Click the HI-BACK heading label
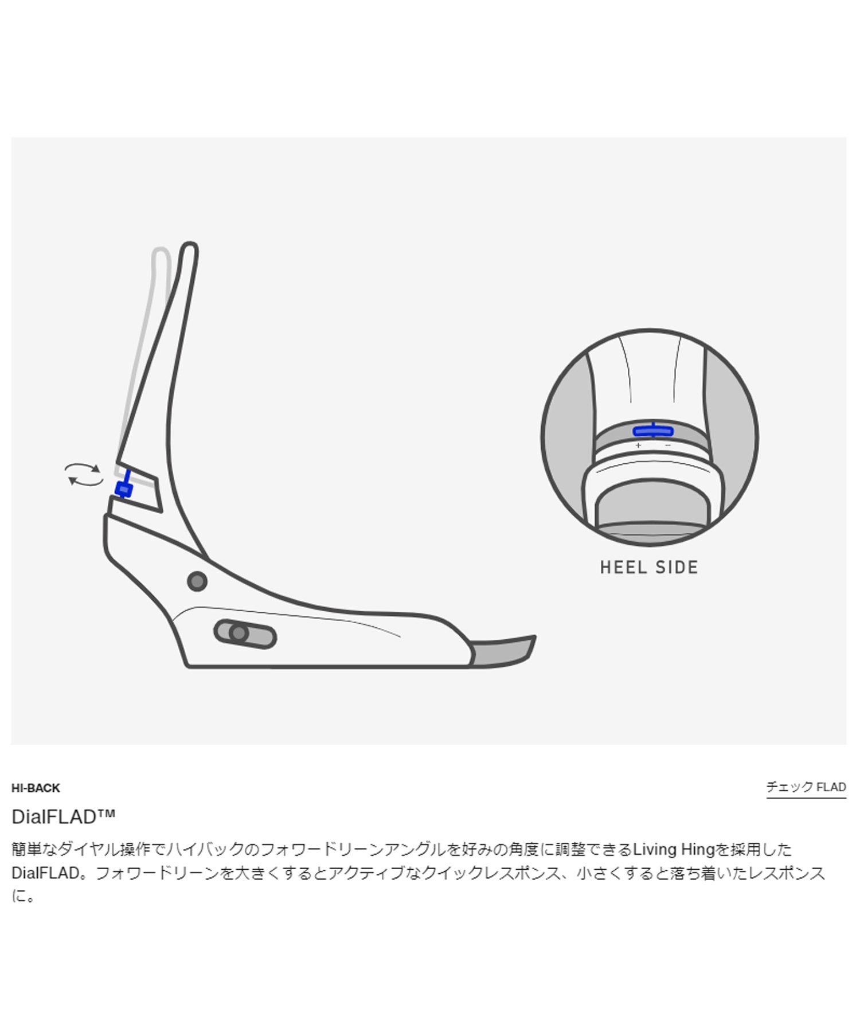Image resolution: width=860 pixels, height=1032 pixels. (x=36, y=788)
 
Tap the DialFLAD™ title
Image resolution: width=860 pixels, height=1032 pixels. (x=63, y=816)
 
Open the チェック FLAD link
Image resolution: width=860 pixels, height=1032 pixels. (x=806, y=787)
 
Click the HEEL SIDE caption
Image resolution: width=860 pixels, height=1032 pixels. (x=649, y=568)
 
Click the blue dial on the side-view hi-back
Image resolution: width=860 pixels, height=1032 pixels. (x=124, y=489)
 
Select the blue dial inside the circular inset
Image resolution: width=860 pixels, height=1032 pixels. (x=653, y=431)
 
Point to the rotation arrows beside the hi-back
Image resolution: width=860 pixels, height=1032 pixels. (x=84, y=475)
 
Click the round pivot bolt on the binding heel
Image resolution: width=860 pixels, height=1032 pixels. (x=197, y=581)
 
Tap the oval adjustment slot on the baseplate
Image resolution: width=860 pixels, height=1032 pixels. (x=245, y=634)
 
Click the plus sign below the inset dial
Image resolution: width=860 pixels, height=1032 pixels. (x=638, y=445)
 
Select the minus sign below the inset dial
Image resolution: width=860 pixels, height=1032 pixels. (x=668, y=445)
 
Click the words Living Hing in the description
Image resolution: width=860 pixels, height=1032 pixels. (x=674, y=849)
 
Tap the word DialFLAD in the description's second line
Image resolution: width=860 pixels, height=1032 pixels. (x=46, y=873)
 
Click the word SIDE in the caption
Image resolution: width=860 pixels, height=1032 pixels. (x=677, y=568)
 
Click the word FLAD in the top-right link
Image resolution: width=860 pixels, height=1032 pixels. (x=831, y=787)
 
